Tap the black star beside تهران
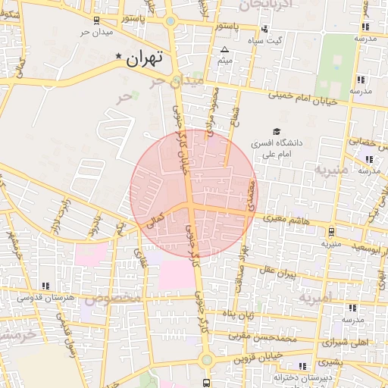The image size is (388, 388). click(x=118, y=58)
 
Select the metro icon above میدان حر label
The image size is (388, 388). click(x=96, y=21)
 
